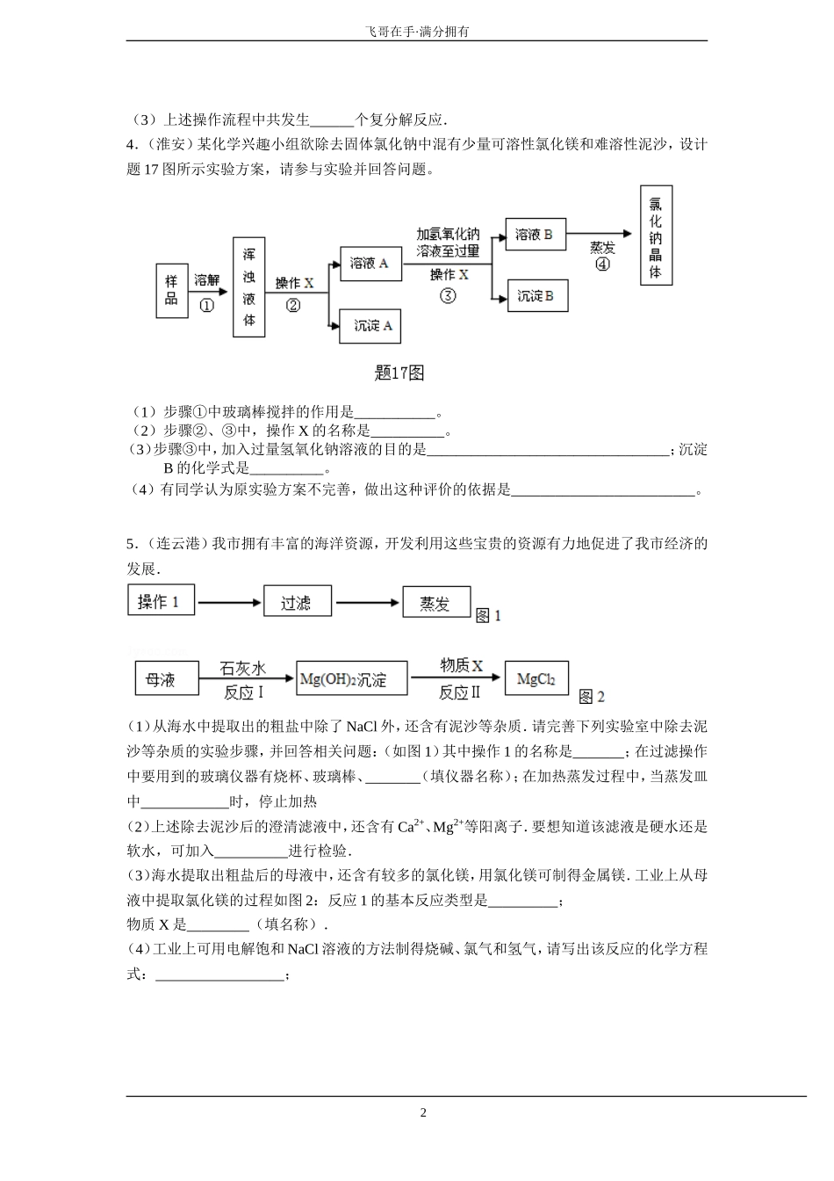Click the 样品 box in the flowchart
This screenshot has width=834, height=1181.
[x=171, y=290]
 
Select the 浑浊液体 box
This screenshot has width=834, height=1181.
[x=248, y=286]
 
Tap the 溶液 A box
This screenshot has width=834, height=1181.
[x=369, y=263]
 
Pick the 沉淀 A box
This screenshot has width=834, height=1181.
[x=372, y=326]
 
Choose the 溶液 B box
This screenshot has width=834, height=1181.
[x=535, y=235]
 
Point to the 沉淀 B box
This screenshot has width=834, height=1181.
[x=536, y=296]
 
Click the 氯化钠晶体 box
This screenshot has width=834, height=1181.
[x=655, y=235]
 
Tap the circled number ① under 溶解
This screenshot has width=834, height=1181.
[x=207, y=306]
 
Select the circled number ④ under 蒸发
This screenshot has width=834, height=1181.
[x=602, y=264]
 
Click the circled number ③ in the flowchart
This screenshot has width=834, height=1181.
[x=449, y=296]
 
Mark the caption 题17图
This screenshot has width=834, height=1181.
[x=399, y=373]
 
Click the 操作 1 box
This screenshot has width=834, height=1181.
[x=161, y=602]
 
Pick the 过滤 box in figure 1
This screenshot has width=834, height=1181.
[x=297, y=603]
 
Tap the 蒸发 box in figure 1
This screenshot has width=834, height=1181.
[x=435, y=603]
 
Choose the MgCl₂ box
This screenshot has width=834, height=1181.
[x=536, y=678]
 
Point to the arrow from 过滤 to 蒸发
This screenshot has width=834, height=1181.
[x=367, y=603]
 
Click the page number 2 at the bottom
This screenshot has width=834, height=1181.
[x=423, y=1112]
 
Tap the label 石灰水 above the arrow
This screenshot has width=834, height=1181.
[x=242, y=668]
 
